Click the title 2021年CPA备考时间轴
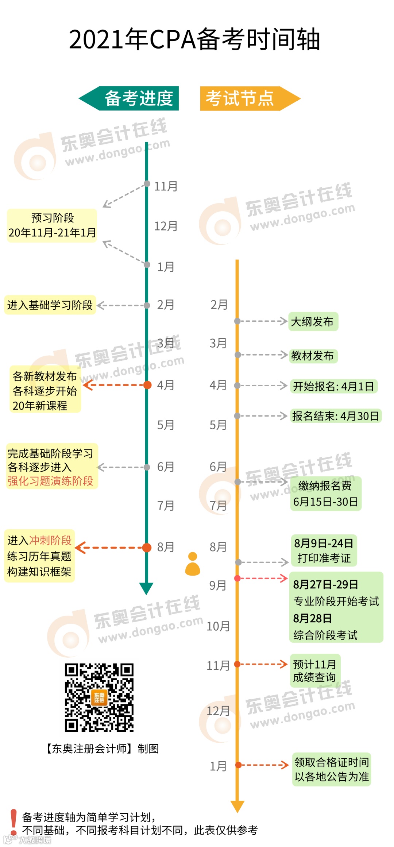194,39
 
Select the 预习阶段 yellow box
52,225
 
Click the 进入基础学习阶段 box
50,305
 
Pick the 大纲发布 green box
313,322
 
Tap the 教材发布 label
313,356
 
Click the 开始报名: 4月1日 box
333,386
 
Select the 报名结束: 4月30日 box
336,416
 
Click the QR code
99,697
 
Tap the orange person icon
193,564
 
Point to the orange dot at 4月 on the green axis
147,385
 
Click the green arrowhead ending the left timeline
146,588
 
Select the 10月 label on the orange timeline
218,626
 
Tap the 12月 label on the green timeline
166,226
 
